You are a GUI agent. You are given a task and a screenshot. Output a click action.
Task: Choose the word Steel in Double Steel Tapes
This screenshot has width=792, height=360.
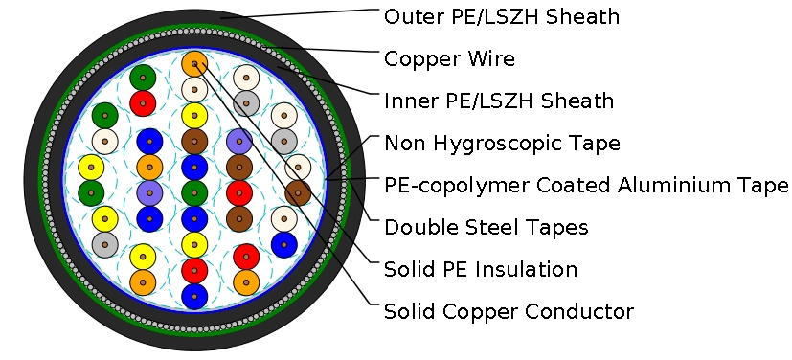[x=485, y=227]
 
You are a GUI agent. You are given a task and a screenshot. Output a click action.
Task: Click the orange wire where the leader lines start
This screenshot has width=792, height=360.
[x=194, y=64]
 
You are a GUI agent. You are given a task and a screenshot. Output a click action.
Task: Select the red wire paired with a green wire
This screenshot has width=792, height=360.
[x=144, y=101]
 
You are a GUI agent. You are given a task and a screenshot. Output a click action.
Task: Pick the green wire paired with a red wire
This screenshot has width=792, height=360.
[x=144, y=78]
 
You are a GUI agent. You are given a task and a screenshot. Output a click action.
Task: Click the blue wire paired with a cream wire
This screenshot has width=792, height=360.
[x=283, y=243]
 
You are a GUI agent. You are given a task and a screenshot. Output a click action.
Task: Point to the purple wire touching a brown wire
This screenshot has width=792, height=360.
[x=238, y=143]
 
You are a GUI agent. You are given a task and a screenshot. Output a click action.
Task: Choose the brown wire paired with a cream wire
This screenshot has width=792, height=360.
[x=298, y=192]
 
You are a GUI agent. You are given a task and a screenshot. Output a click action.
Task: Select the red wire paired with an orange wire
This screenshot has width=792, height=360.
[x=246, y=257]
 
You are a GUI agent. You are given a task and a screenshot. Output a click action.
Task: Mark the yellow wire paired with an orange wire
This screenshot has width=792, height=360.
[x=143, y=257]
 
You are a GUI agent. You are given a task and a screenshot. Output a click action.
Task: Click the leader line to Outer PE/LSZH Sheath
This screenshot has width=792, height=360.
[x=306, y=13]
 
